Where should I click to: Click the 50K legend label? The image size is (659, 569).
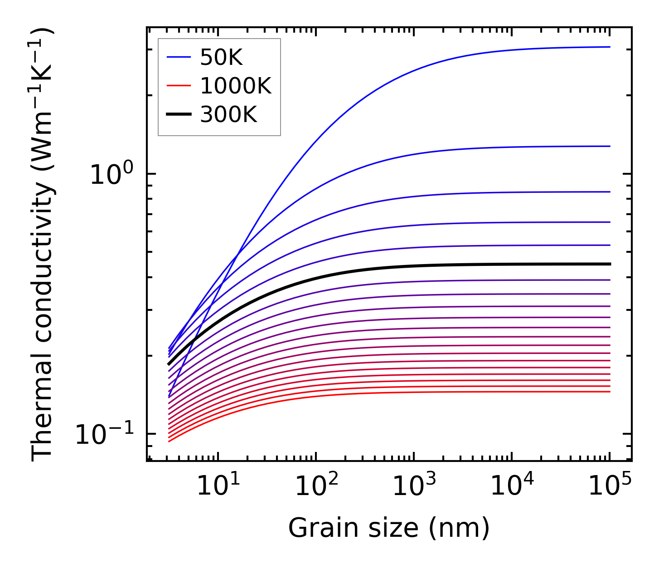[x=221, y=58]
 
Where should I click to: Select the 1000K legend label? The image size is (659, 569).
[x=236, y=86]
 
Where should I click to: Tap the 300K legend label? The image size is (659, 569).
[x=228, y=115]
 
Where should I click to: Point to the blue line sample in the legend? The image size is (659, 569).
[x=179, y=57]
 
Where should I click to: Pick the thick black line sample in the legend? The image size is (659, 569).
[x=179, y=115]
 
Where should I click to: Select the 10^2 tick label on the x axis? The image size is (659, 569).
[x=316, y=486]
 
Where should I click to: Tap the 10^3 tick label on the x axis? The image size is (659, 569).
[x=414, y=486]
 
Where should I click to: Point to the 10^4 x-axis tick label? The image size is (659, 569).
[x=512, y=486]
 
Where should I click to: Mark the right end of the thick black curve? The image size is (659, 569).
[x=610, y=264]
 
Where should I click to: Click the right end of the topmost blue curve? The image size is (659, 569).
[x=610, y=47]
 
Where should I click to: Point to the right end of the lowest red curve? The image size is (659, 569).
[x=610, y=392]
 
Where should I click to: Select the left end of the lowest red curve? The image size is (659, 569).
[x=169, y=441]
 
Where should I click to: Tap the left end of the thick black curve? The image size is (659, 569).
[x=169, y=364]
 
